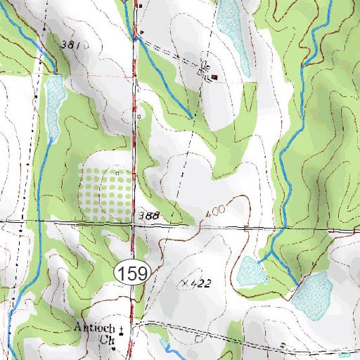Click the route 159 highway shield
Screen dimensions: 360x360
tap(131, 272)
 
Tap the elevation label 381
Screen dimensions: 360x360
tap(71, 45)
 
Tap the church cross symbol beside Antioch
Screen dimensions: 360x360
tap(121, 328)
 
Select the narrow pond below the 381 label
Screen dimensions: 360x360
tap(53, 105)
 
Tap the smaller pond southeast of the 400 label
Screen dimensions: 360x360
tap(249, 271)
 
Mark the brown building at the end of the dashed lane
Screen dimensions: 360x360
tap(214, 77)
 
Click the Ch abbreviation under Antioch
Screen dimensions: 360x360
tap(105, 340)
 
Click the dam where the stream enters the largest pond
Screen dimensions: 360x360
tap(297, 283)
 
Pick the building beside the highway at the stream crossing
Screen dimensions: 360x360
tap(141, 32)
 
